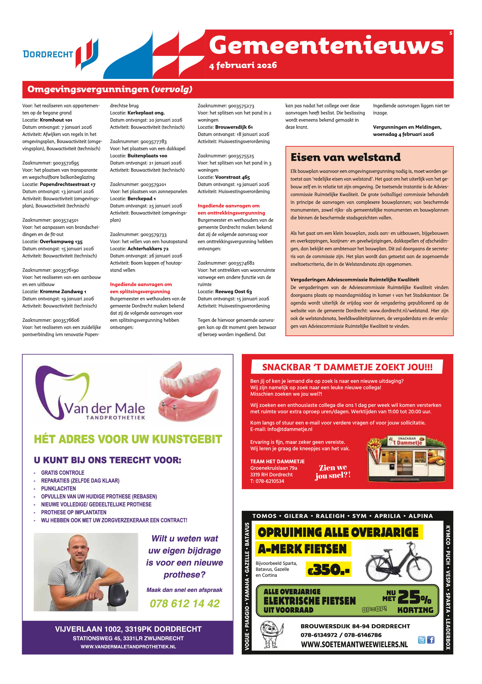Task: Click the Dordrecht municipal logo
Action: pos(60,54)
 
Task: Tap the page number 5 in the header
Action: pos(451,33)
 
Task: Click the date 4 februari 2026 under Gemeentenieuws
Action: pos(243,65)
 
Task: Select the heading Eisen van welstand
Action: pos(345,157)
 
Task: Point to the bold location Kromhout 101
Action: pos(56,120)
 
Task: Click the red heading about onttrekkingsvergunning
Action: pos(231,209)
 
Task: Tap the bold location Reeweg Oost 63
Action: pos(233,291)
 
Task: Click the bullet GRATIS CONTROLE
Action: pos(63,473)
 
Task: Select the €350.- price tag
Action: pos(328,569)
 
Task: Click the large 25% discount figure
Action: pos(414,597)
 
